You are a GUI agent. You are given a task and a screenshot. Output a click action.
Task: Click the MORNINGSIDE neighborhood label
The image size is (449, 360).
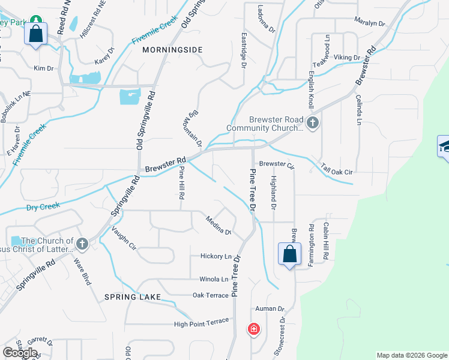[172, 50]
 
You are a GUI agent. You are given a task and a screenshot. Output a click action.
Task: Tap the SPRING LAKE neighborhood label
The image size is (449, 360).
[132, 297]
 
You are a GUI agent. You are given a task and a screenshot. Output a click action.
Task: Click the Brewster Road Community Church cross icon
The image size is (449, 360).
[312, 124]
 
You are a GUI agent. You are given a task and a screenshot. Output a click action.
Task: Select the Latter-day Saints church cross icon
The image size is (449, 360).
[82, 244]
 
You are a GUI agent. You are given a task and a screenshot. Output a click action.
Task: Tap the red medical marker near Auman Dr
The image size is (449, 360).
[254, 329]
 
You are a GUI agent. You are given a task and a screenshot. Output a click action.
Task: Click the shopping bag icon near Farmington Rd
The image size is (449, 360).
[289, 254]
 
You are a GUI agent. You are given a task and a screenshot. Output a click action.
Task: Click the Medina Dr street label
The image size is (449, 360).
[218, 225]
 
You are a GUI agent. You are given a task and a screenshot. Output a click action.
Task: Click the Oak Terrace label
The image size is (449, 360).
[210, 295]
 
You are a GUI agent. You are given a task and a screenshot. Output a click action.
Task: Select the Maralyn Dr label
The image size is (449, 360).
[369, 23]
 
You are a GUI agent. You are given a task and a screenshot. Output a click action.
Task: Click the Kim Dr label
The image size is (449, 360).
[44, 68]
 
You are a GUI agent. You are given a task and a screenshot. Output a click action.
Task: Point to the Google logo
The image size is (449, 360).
[20, 352]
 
